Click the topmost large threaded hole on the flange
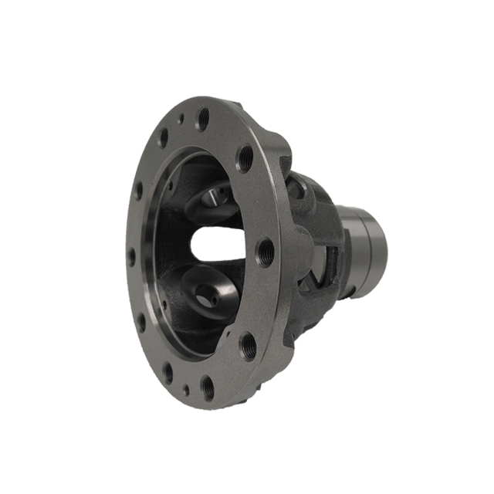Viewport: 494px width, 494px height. pos(203,118)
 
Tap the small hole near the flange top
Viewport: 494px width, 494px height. pos(181,120)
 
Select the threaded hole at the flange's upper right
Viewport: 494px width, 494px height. pos(244,158)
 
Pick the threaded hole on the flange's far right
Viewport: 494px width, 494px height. pos(266,251)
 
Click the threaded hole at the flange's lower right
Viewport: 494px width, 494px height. pos(248,345)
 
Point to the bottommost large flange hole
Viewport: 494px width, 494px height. pos(207,385)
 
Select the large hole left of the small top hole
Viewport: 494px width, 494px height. pos(164,137)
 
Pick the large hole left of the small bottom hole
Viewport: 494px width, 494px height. pos(168,374)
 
